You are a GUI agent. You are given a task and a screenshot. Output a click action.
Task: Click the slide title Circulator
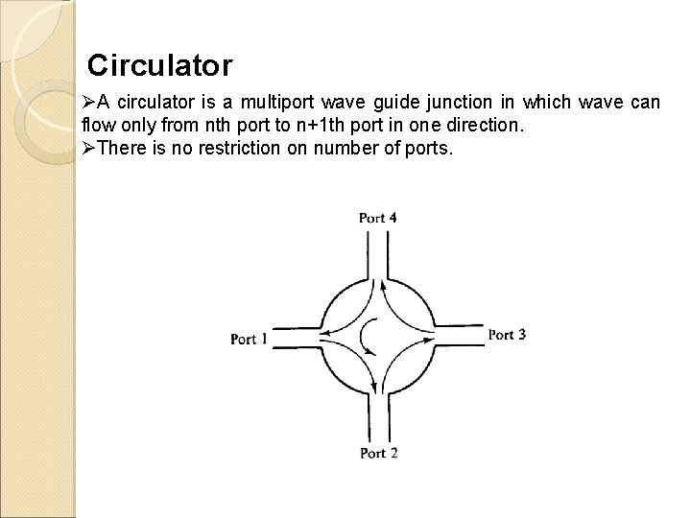click(x=159, y=66)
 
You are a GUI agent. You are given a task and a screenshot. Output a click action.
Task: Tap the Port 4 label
click(x=378, y=218)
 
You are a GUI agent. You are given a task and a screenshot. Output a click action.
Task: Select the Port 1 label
click(x=250, y=339)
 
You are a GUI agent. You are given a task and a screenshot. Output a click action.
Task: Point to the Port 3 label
click(x=507, y=335)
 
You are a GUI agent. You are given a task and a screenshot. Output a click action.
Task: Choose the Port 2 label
click(x=378, y=453)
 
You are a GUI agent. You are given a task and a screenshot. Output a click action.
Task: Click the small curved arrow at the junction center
click(x=367, y=337)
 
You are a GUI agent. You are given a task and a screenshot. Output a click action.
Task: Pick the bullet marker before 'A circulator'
click(x=89, y=103)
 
